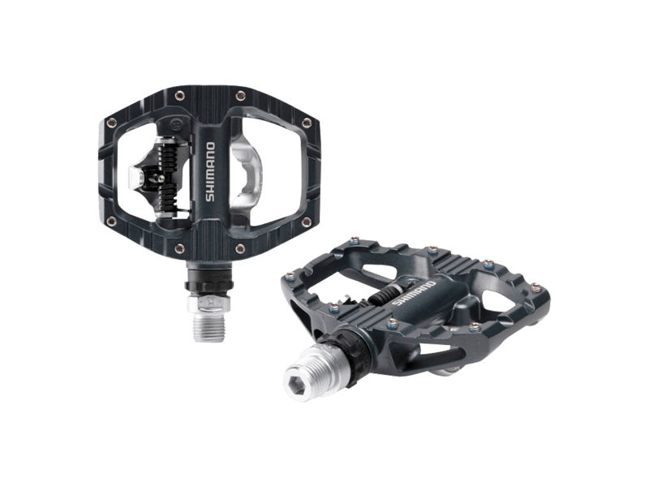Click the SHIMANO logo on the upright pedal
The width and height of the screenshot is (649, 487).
tap(210, 172)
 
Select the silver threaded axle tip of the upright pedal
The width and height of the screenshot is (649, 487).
tap(209, 327)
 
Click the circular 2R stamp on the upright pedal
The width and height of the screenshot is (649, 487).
tap(174, 125)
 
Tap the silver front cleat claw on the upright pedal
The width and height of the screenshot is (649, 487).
tap(135, 177)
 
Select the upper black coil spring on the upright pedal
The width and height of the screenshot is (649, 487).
tap(169, 155)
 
